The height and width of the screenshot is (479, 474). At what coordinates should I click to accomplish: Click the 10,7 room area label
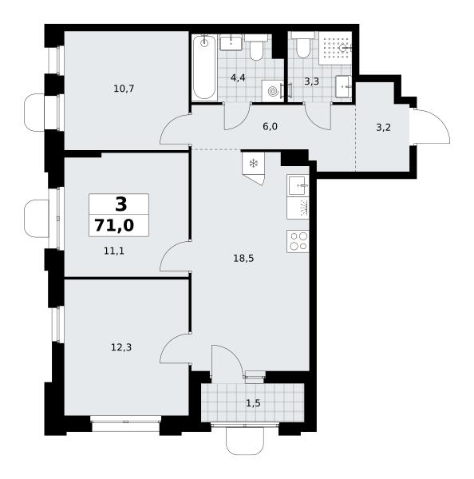pyautogui.click(x=124, y=89)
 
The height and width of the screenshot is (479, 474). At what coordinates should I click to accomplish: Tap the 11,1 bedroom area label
pyautogui.click(x=114, y=251)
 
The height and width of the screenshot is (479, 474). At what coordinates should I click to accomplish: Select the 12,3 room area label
pyautogui.click(x=121, y=347)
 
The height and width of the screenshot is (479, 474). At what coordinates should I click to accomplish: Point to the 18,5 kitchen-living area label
pyautogui.click(x=243, y=259)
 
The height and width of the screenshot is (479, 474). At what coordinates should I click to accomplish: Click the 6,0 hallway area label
pyautogui.click(x=270, y=126)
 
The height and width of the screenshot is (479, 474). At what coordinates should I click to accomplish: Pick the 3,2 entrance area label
pyautogui.click(x=383, y=128)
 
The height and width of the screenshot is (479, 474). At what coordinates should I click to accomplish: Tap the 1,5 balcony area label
pyautogui.click(x=253, y=403)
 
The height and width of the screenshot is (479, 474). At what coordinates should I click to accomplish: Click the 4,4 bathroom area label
pyautogui.click(x=238, y=78)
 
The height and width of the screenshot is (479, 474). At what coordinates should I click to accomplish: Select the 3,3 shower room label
pyautogui.click(x=311, y=81)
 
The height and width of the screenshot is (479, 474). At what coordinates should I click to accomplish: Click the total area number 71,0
pyautogui.click(x=114, y=225)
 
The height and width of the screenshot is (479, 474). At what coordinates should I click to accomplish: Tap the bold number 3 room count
pyautogui.click(x=121, y=204)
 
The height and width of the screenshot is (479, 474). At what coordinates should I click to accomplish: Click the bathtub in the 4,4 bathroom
pyautogui.click(x=204, y=66)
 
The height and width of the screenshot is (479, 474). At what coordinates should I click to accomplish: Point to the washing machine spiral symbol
pyautogui.click(x=271, y=91)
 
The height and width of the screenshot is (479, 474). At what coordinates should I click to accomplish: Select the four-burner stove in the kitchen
pyautogui.click(x=298, y=242)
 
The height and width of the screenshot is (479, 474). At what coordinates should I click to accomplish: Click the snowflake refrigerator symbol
pyautogui.click(x=253, y=164)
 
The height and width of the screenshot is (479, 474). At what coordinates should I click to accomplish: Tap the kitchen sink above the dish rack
pyautogui.click(x=298, y=185)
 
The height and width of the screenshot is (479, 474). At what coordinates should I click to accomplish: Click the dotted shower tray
pyautogui.click(x=335, y=48)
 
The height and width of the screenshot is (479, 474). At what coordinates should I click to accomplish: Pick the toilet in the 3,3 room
pyautogui.click(x=302, y=45)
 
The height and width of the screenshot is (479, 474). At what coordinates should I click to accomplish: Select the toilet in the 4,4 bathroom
pyautogui.click(x=256, y=47)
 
